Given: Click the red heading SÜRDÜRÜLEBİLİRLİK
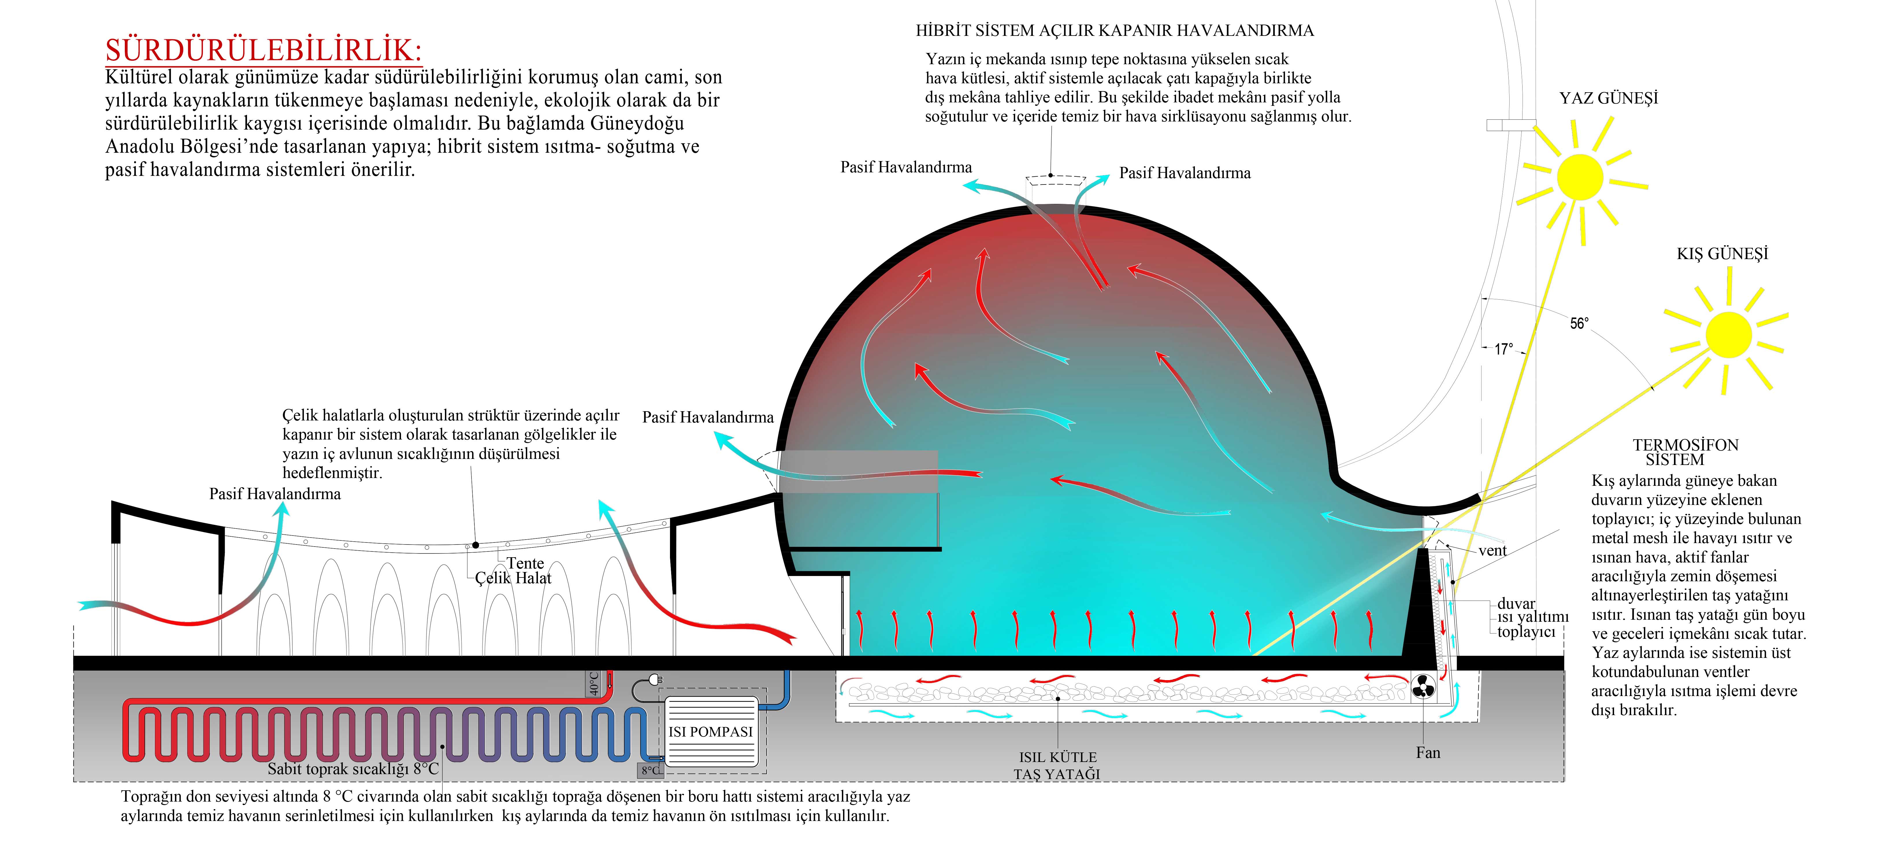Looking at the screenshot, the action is point(263,50).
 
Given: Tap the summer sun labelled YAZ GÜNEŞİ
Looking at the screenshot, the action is point(1580,177).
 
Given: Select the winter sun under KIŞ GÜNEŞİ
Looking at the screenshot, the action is point(1728,334).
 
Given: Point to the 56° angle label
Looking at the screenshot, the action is point(1579,323).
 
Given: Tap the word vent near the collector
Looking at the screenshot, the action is point(1492,550).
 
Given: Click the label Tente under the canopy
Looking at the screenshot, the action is point(525,563).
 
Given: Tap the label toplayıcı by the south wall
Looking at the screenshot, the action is point(1526,632).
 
